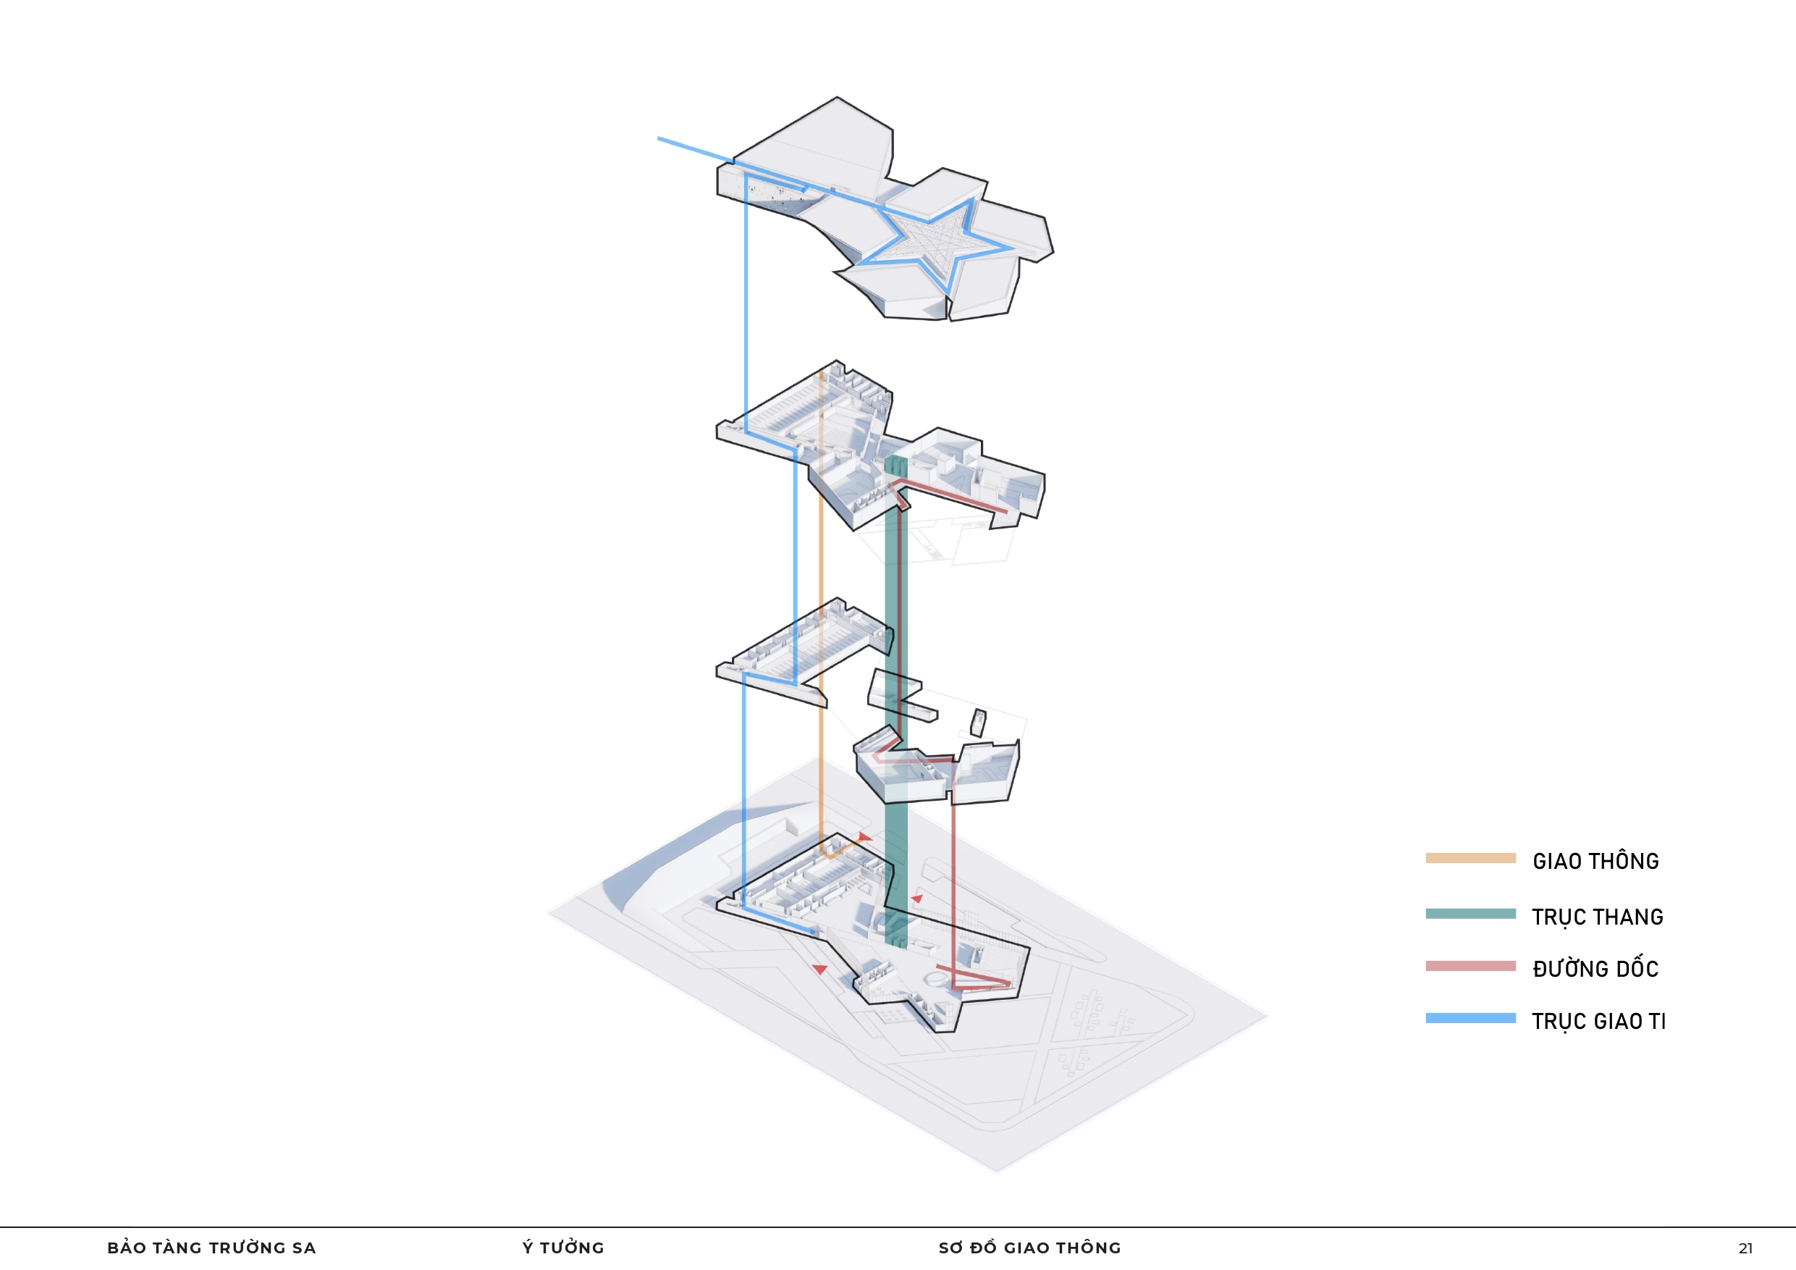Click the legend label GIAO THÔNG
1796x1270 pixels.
pyautogui.click(x=1595, y=861)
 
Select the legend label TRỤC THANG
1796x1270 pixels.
pyautogui.click(x=1598, y=917)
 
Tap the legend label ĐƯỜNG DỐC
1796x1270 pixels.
pyautogui.click(x=1595, y=968)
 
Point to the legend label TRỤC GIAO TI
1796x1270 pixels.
pyautogui.click(x=1599, y=1021)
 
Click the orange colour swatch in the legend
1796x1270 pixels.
pyautogui.click(x=1470, y=857)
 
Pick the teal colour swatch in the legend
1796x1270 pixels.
pyautogui.click(x=1470, y=913)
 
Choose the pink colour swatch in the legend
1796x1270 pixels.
pyautogui.click(x=1470, y=966)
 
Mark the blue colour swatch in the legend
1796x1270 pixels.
pyautogui.click(x=1470, y=1018)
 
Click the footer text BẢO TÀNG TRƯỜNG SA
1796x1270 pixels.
pyautogui.click(x=212, y=1248)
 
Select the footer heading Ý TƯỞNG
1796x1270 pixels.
pyautogui.click(x=563, y=1248)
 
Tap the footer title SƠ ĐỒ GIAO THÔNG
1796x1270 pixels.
pyautogui.click(x=1029, y=1248)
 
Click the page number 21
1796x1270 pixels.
pyautogui.click(x=1745, y=1248)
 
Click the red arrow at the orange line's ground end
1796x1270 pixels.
pyautogui.click(x=864, y=837)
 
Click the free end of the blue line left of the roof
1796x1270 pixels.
pyautogui.click(x=659, y=138)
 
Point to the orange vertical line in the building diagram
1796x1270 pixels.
pyautogui.click(x=821, y=610)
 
